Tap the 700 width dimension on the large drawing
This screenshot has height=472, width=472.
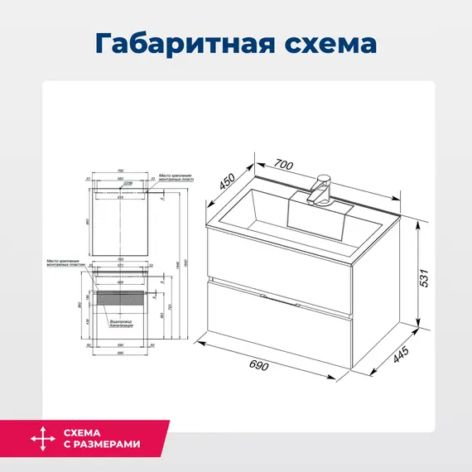click(283, 166)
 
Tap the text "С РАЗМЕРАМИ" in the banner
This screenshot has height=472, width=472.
click(102, 445)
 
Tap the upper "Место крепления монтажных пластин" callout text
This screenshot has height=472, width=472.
click(175, 178)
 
